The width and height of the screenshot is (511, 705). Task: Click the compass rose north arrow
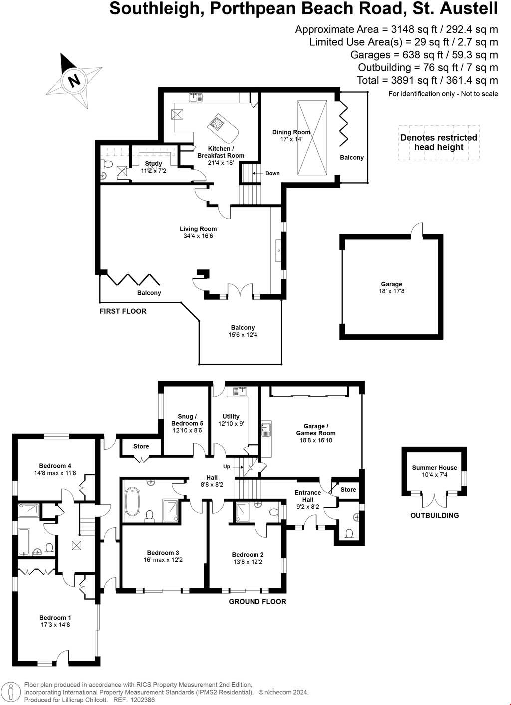click(74, 80)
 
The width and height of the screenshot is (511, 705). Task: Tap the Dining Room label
click(291, 132)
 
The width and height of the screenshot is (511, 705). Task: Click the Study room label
click(153, 164)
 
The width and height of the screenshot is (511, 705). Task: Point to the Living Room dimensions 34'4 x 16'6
click(198, 236)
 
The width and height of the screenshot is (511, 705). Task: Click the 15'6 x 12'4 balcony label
click(243, 331)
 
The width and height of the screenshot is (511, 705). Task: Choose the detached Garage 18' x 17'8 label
click(391, 287)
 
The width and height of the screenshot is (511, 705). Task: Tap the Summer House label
click(434, 468)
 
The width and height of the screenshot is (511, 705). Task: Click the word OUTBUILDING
click(434, 515)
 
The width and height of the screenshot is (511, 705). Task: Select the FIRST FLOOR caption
click(123, 311)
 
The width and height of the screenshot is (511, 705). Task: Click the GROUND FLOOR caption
click(257, 602)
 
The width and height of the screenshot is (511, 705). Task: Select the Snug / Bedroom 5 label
click(187, 420)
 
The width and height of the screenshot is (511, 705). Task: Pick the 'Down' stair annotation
click(272, 173)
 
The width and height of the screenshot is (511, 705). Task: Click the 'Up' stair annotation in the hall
click(227, 467)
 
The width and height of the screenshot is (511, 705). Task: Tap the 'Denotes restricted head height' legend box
click(439, 142)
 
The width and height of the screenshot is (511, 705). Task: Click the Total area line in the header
click(427, 80)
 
